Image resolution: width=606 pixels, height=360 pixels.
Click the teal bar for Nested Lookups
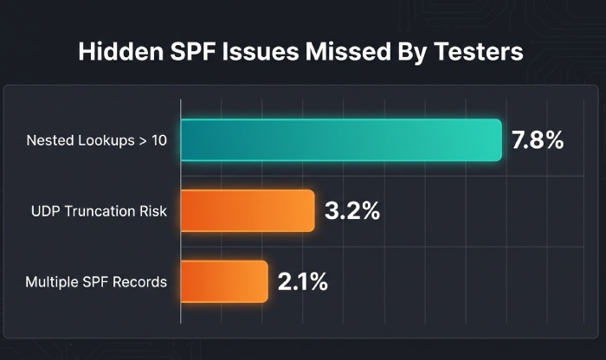341,140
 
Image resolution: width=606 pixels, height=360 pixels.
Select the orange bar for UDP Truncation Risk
248,211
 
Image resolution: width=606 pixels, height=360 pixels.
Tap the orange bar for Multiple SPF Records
224,282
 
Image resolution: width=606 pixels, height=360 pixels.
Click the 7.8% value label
538,140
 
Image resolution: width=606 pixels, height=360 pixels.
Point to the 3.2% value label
351,211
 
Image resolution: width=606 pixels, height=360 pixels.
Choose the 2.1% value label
302,282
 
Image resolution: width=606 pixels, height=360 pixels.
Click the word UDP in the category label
44,212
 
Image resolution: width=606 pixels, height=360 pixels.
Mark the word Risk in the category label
151,212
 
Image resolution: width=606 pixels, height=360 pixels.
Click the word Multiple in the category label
50,283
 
